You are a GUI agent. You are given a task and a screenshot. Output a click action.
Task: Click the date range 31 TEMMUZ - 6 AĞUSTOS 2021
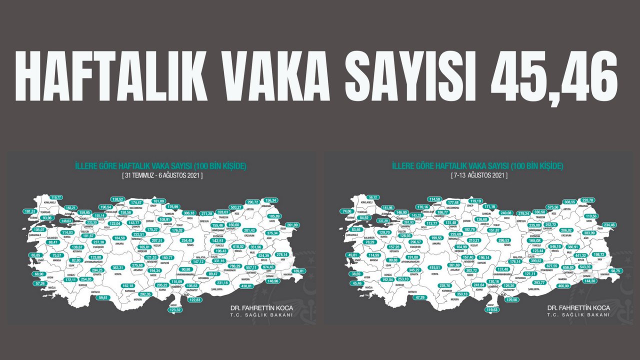pos(162,176)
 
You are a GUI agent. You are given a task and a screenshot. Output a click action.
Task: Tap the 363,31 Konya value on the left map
pos(118,267)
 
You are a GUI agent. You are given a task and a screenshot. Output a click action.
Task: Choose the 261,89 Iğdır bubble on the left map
pos(290,225)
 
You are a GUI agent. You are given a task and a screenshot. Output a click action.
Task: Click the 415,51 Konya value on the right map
pos(434,267)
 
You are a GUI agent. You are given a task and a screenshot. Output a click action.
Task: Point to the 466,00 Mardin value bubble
pos(563,285)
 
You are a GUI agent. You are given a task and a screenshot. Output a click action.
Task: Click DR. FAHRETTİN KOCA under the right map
pos(578,307)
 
